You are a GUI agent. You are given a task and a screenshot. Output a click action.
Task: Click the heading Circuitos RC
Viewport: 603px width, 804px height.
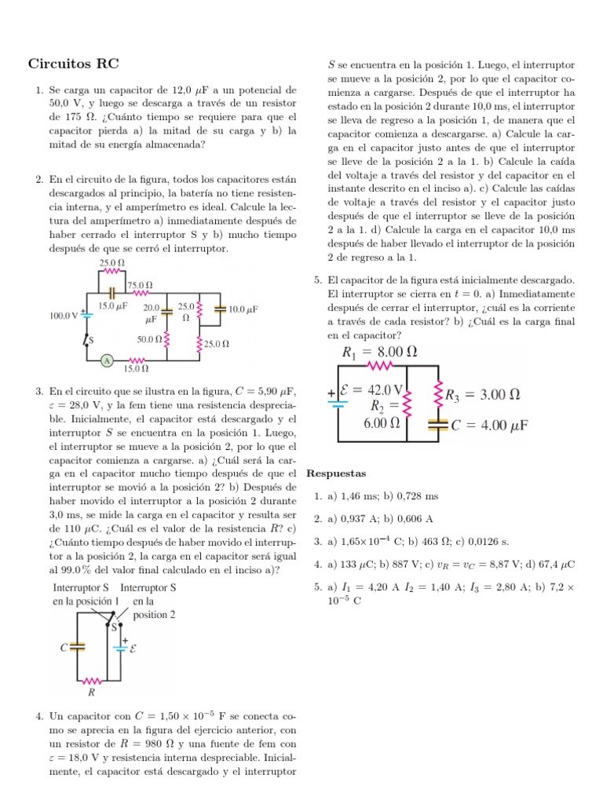(74, 63)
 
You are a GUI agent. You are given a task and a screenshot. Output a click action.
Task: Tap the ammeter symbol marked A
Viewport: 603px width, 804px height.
(107, 360)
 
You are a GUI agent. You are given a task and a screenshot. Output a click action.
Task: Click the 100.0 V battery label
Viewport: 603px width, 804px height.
(64, 316)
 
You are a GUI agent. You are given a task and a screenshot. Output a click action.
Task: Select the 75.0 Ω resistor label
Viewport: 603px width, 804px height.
(140, 285)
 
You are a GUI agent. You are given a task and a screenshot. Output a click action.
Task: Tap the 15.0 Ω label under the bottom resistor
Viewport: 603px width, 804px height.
(135, 367)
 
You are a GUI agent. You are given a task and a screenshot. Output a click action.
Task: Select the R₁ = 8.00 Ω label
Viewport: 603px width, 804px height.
(379, 352)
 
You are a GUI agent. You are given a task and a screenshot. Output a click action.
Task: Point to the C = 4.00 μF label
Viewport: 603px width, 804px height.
(488, 426)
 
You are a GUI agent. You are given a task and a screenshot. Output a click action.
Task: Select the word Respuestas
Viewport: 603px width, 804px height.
(335, 474)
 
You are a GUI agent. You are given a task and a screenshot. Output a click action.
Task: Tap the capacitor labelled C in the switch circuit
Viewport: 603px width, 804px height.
(76, 647)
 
